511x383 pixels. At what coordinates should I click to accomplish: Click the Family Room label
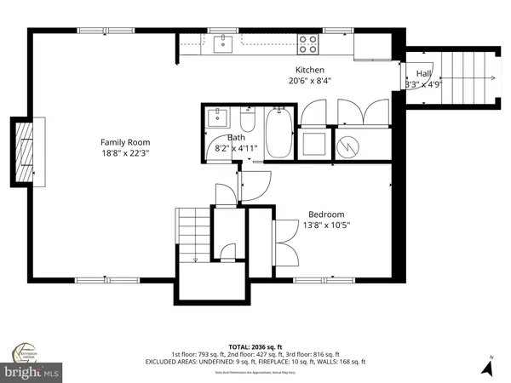[x=126, y=142]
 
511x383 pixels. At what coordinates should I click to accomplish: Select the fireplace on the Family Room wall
[x=23, y=151]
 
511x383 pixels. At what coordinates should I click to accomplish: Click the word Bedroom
[x=326, y=214]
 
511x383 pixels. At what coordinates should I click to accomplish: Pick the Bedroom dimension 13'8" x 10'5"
[x=326, y=226]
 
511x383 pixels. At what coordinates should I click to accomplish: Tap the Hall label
[x=423, y=74]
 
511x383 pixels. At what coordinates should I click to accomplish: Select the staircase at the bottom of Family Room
[x=192, y=236]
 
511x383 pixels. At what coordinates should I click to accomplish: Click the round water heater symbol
[x=347, y=144]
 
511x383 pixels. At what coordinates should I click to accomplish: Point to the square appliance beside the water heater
[x=313, y=142]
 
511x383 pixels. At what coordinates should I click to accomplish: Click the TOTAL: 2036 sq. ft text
[x=255, y=347]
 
